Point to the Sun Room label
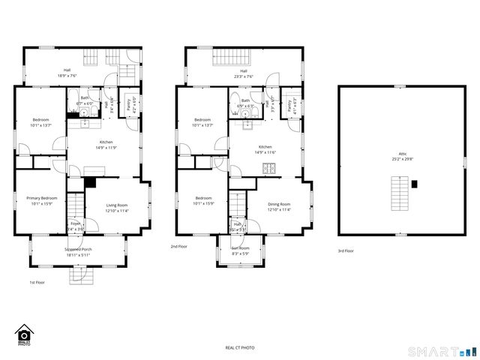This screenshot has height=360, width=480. [x=240, y=249]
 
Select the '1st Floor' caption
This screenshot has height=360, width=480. [x=37, y=282]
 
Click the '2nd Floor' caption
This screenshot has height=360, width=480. [x=178, y=246]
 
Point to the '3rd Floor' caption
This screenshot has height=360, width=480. [x=345, y=251]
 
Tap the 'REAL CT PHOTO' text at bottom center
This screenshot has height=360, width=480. [x=240, y=348]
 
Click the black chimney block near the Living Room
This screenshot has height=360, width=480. [x=91, y=181]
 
